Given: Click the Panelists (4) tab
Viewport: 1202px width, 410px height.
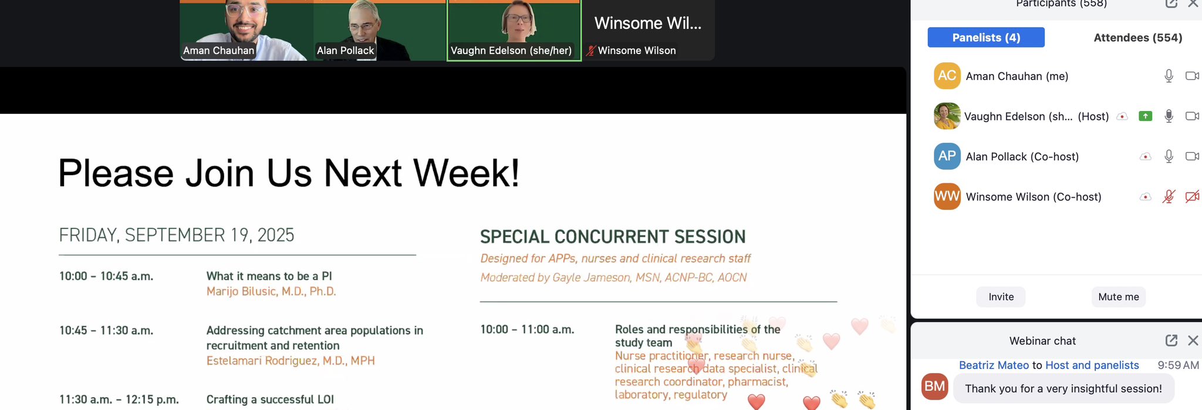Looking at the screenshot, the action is (986, 38).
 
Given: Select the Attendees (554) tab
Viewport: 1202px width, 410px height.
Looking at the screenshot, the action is (1137, 38).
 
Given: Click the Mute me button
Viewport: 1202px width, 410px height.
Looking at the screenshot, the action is (1119, 297).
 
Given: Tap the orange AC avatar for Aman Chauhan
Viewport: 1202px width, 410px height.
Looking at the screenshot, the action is (947, 76).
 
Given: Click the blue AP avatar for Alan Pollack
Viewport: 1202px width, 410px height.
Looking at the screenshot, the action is (947, 156).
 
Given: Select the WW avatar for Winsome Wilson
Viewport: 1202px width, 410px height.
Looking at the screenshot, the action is (947, 196).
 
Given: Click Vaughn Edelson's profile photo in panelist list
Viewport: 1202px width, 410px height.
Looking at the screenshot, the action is (947, 116).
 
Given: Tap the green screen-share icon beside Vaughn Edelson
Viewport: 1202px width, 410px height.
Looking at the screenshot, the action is (1145, 116).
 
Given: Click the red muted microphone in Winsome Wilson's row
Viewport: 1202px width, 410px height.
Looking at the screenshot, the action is (1169, 197).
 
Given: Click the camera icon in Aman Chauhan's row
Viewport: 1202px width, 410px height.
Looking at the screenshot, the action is (1192, 76).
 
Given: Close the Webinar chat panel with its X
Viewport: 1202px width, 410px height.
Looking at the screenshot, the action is (1193, 341).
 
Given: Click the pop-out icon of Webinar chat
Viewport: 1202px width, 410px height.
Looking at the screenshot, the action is (1171, 341).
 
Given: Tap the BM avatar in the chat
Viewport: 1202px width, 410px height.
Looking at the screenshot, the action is (935, 386).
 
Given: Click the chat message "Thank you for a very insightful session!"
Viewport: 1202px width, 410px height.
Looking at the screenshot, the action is (1063, 389).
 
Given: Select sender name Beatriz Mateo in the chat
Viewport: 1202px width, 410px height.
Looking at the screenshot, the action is (994, 365).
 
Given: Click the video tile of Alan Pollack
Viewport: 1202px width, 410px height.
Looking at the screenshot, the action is (380, 30).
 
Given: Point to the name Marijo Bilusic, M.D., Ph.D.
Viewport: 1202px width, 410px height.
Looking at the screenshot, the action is (271, 291).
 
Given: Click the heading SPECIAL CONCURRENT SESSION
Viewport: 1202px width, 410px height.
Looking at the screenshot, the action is (613, 237).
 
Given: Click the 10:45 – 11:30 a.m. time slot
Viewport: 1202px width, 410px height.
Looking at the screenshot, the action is (106, 331).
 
